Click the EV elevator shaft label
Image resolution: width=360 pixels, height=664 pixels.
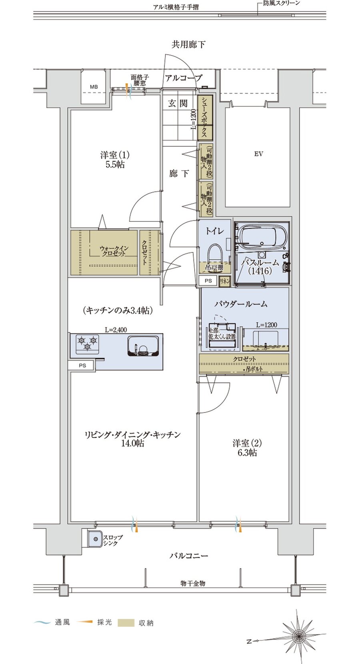coord(258,154)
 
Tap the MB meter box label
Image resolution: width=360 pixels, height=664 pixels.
coord(93,87)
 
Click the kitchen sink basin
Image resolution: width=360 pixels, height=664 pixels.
coord(143,345)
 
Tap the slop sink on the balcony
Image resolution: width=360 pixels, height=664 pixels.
coord(95,539)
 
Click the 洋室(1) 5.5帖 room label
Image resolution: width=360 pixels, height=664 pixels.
coord(115,160)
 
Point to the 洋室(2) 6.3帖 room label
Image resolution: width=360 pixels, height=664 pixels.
coord(247,448)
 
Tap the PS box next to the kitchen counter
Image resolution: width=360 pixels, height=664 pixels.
coord(82,365)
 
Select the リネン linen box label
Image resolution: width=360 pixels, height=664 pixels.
coord(224,281)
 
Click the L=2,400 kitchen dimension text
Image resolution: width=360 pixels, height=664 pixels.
coord(116,330)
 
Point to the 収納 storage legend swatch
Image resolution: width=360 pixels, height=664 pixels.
coord(126,622)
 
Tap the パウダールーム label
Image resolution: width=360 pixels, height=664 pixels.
coord(240,304)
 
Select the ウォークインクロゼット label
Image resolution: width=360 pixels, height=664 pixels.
coord(114,251)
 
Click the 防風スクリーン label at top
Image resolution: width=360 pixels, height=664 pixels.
coord(281,3)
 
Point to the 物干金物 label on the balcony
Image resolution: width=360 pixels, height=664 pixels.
coord(192,583)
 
